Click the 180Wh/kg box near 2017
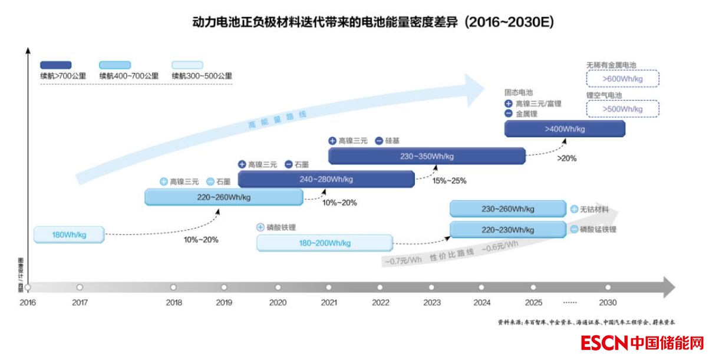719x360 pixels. coord(69,235)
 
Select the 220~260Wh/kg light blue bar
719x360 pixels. coord(224,197)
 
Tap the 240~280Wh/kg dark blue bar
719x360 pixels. coord(326,179)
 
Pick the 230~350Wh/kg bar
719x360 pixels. coord(426,156)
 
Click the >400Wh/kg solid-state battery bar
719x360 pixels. coord(565,128)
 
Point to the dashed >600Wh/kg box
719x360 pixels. coord(622,78)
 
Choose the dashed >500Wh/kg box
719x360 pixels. coord(622,109)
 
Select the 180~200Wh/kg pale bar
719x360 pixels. coord(324,243)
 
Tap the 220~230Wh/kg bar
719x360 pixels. coord(508,229)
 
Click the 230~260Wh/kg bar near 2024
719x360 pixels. coord(508,209)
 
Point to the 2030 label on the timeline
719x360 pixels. coord(608,302)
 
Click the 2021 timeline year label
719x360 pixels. coord(329,302)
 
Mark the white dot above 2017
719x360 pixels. coord(80,288)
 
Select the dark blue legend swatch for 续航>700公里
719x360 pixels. coord(55,65)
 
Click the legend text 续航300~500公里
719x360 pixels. coord(202,76)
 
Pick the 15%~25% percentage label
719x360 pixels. coord(449,180)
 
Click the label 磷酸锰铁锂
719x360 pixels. coord(598,229)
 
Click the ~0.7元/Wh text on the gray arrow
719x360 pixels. coord(404,260)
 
